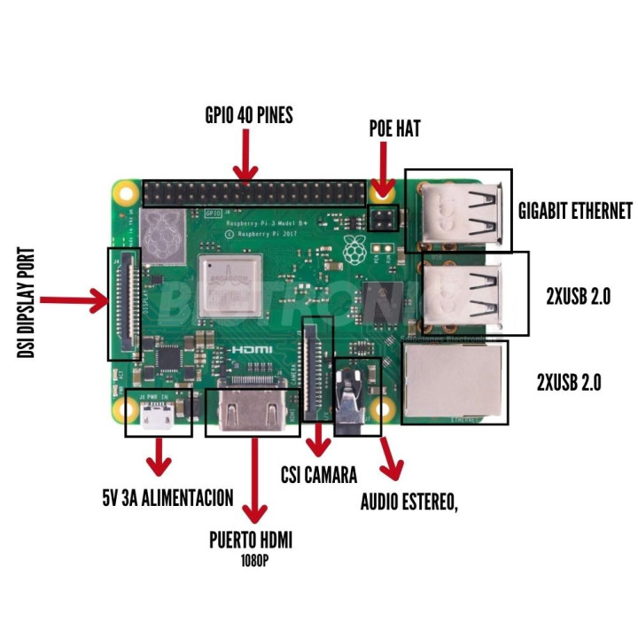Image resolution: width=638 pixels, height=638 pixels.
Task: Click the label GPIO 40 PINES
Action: point(248,116)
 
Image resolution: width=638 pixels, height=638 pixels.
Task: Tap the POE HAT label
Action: point(394,129)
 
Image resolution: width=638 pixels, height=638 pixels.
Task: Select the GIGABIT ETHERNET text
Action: point(575,210)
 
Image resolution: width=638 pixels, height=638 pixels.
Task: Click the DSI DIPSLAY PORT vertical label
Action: point(26,302)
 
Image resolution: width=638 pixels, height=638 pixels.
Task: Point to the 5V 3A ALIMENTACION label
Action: point(167,498)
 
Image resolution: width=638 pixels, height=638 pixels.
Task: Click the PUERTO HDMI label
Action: point(251,541)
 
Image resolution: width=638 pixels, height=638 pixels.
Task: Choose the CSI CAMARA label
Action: point(318,476)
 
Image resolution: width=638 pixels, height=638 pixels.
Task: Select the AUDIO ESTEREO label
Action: point(408,502)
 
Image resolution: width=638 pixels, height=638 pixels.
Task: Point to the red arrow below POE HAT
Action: point(384,169)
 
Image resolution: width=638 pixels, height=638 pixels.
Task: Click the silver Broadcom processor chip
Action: point(229,284)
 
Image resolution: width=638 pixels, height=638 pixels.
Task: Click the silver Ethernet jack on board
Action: point(455,381)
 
